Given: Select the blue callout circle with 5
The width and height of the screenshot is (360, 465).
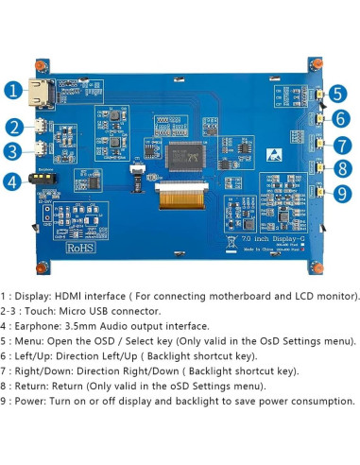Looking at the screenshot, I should [338, 95].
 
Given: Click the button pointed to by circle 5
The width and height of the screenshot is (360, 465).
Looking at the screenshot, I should [317, 95].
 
